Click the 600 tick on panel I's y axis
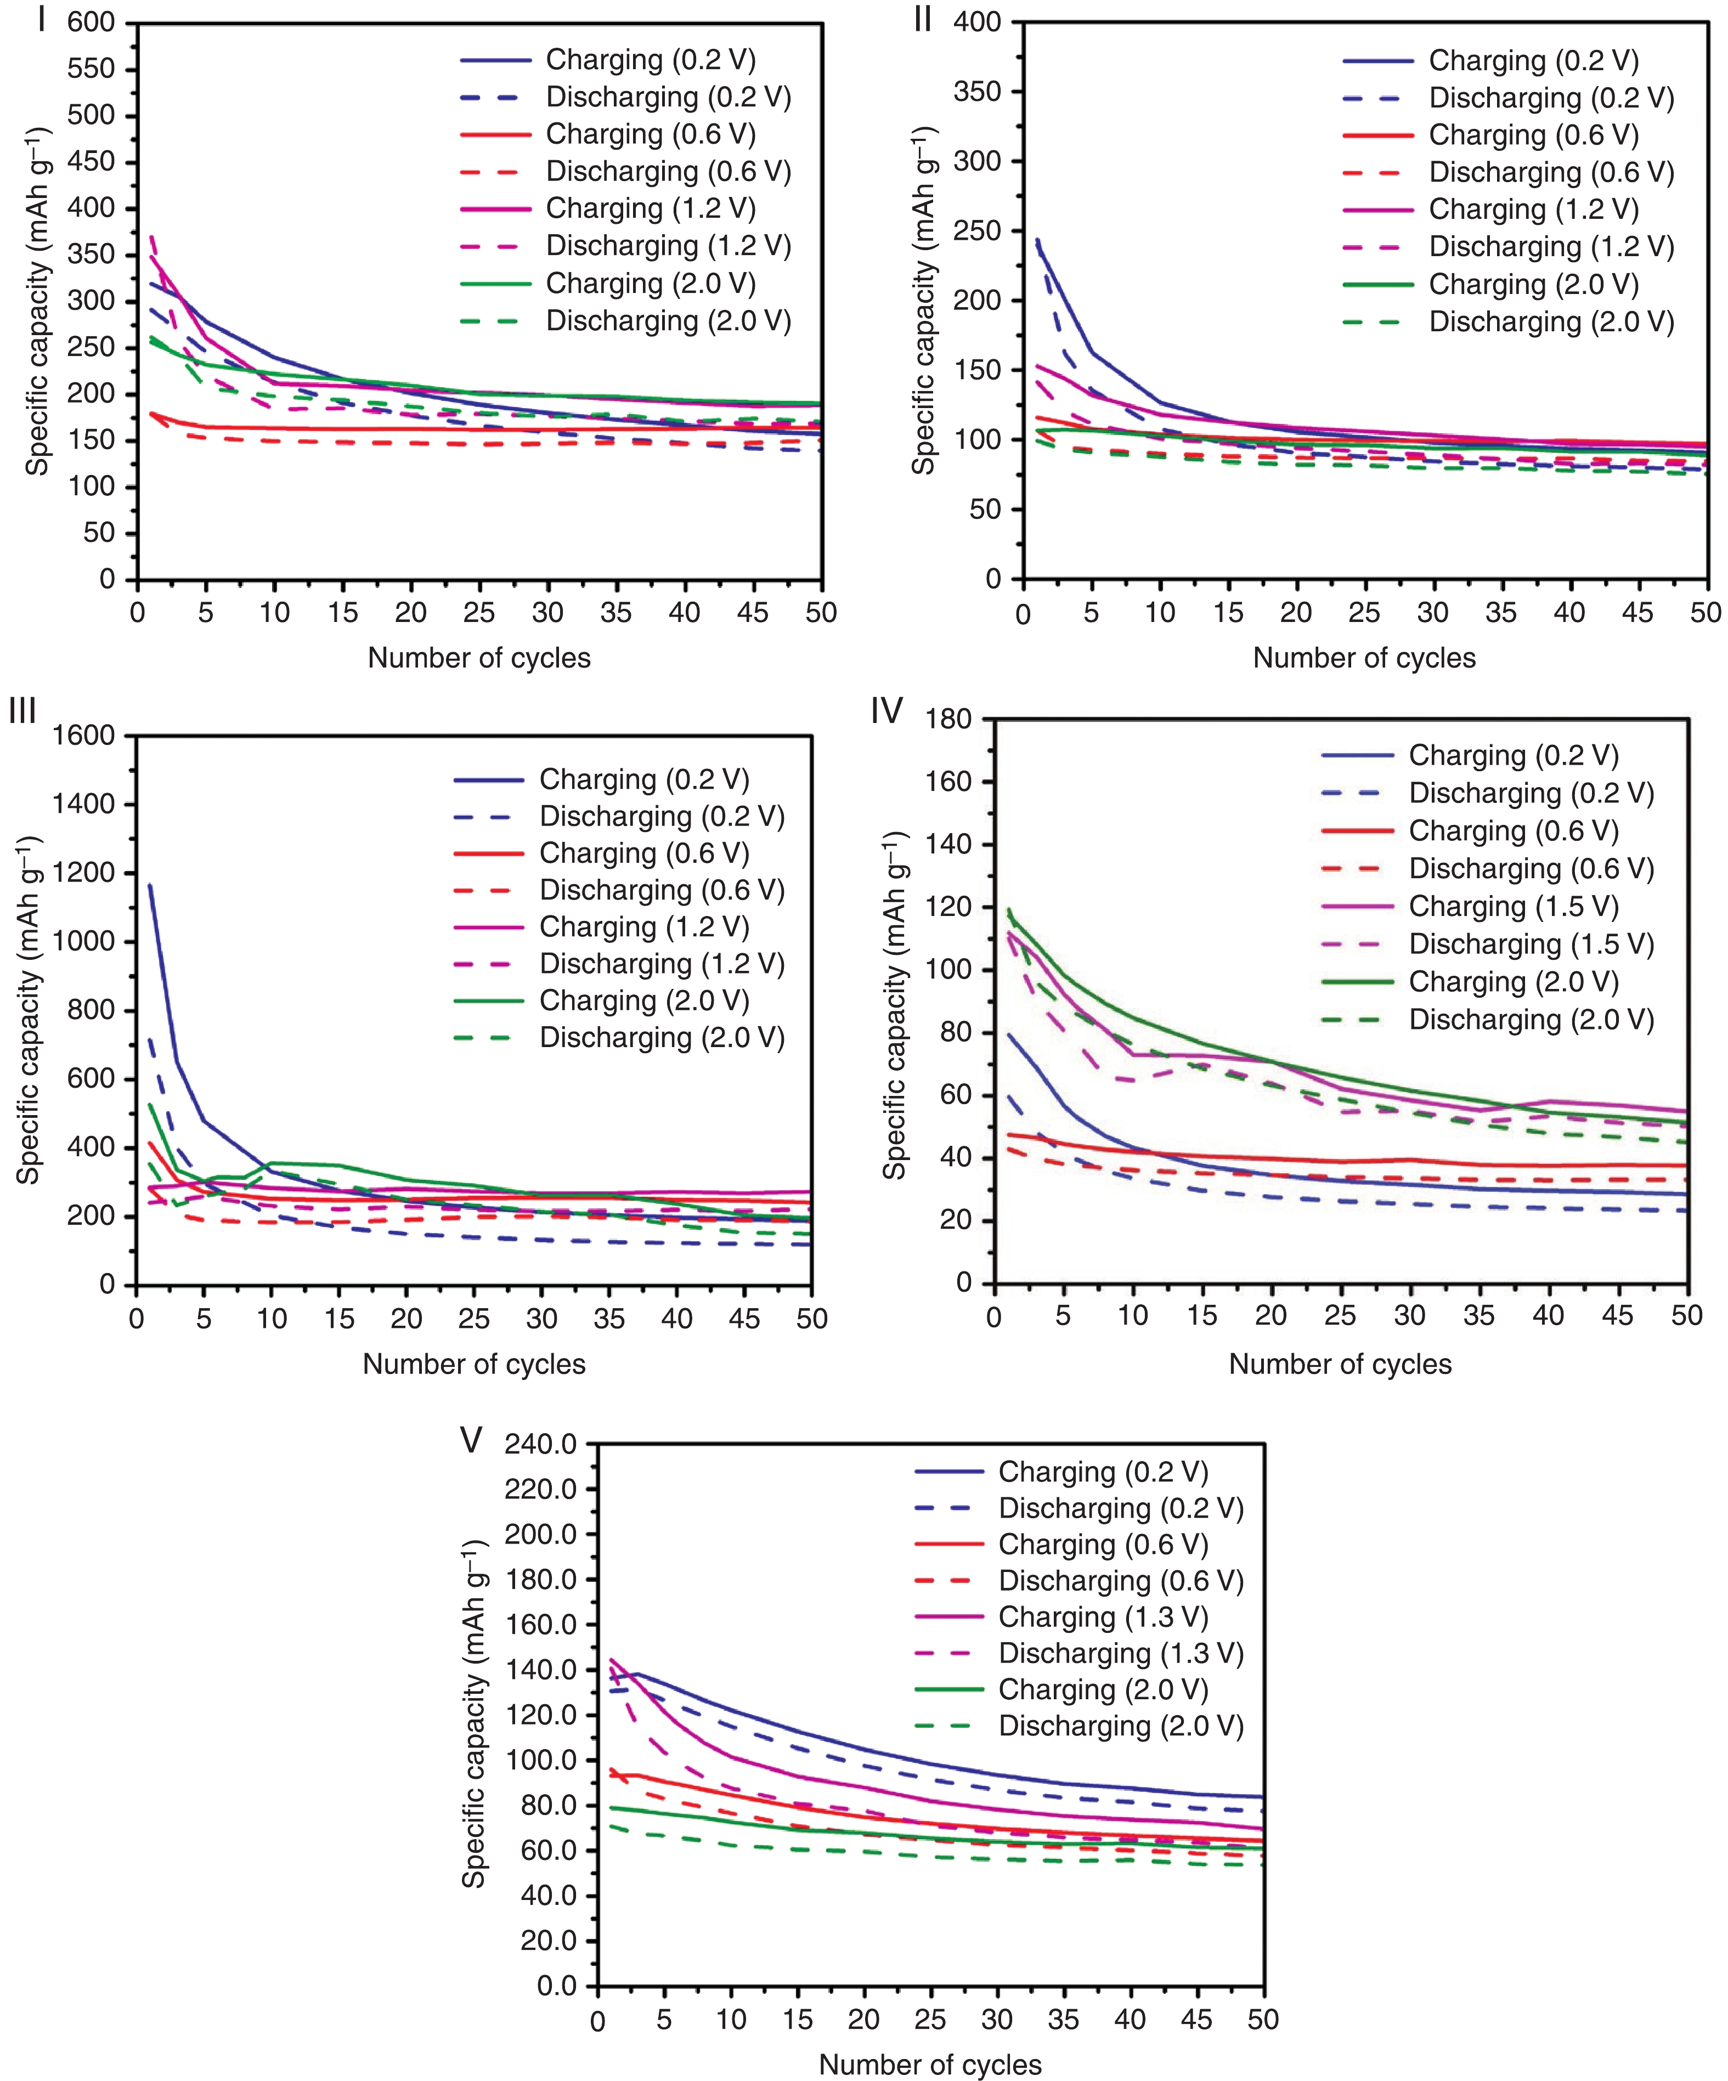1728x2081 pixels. point(91,22)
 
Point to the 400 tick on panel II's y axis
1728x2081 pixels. point(977,22)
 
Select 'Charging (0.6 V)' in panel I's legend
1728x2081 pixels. point(650,134)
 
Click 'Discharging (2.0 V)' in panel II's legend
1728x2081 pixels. point(1551,322)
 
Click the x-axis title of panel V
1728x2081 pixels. point(929,2064)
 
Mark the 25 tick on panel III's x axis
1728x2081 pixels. point(473,1319)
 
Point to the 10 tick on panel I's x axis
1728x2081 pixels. point(274,613)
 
